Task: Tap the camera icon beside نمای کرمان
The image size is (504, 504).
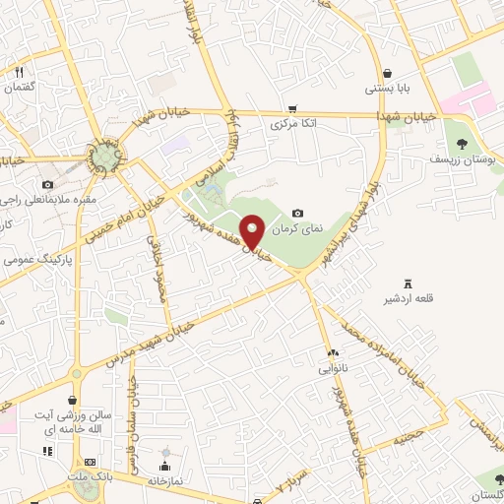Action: (298, 213)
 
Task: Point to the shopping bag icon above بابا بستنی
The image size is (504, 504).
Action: (387, 73)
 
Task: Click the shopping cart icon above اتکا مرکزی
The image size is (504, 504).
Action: (292, 109)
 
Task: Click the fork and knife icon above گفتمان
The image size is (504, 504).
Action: (19, 71)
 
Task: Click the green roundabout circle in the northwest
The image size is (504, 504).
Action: (103, 157)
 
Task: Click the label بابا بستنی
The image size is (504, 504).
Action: (386, 89)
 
